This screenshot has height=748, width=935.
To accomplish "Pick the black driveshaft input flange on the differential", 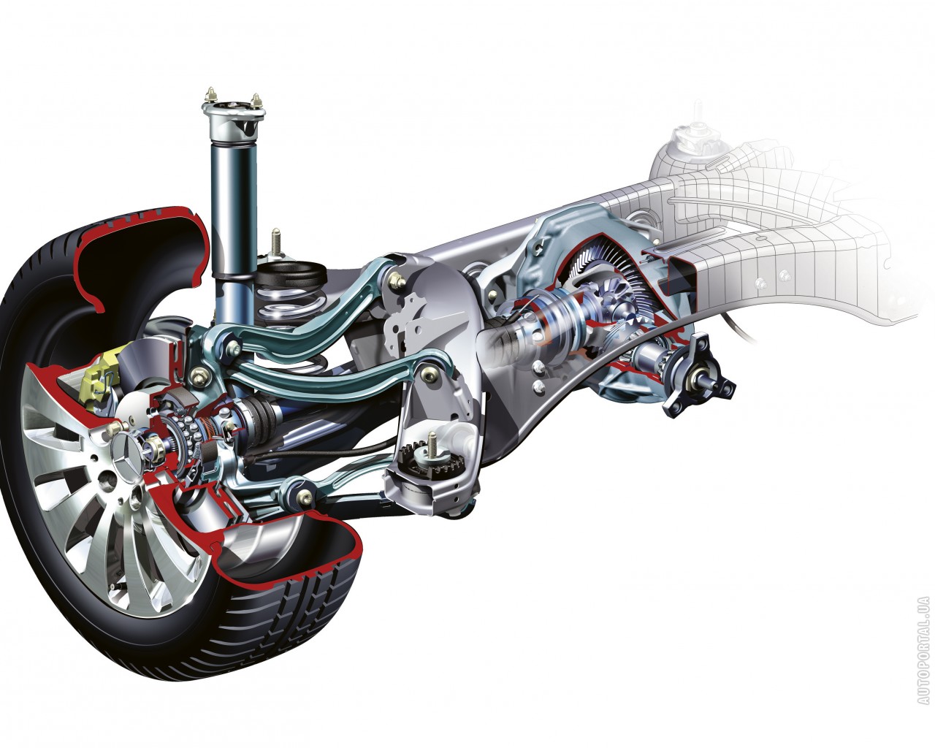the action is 696,379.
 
